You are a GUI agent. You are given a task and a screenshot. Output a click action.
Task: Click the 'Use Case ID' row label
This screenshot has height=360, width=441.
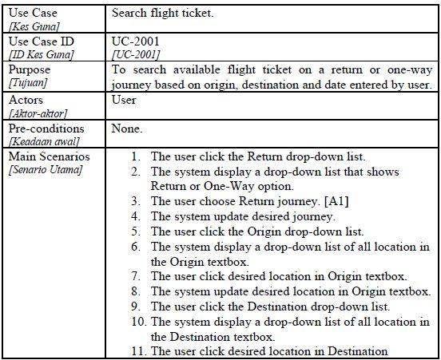click(41, 41)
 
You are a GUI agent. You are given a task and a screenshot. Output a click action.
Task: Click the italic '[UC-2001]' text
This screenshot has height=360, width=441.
click(135, 54)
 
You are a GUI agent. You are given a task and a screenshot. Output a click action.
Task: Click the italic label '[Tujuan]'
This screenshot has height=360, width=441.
click(26, 84)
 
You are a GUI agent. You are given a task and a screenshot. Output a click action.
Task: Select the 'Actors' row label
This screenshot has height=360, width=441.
click(26, 101)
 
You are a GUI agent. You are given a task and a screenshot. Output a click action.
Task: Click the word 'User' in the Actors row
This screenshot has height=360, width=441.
click(125, 101)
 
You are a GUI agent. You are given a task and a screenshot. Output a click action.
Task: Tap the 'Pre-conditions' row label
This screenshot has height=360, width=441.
click(46, 129)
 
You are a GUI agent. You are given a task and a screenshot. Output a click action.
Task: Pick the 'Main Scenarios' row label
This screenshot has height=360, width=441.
click(50, 156)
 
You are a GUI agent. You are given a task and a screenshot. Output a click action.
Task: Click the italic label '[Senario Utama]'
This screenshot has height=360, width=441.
click(45, 170)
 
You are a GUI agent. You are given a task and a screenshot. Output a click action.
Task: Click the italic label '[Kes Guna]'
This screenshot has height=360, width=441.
click(31, 27)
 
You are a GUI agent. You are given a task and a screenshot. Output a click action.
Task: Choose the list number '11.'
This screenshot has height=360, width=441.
click(137, 351)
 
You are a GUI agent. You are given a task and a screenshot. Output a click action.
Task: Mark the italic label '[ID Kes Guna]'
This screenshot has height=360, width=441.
click(41, 54)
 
